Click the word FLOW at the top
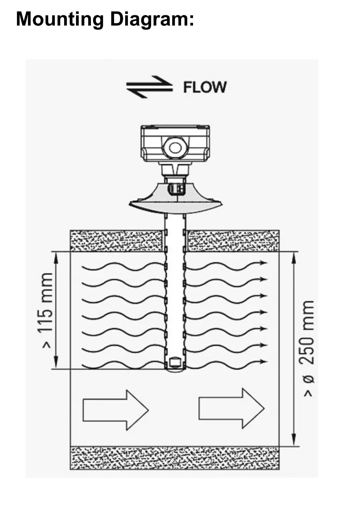point(205,87)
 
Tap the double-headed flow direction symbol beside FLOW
point(149,87)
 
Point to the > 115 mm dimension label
point(47,310)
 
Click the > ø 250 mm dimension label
point(307,349)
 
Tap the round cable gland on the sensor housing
point(175,147)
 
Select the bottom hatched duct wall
point(175,458)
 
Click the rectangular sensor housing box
point(175,143)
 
